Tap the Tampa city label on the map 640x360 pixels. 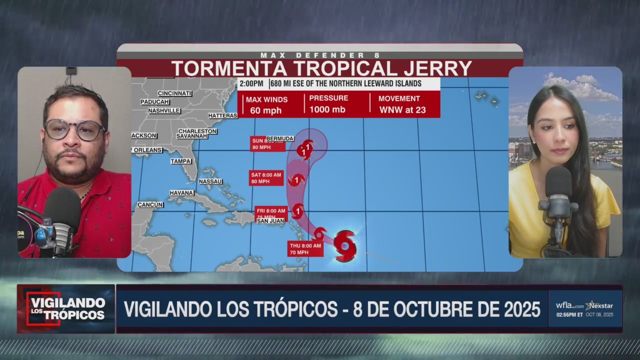coord(180,161)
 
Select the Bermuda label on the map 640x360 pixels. coord(280,138)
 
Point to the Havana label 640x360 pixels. coord(181,193)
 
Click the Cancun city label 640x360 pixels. coord(150,204)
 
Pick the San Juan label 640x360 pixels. coord(270,220)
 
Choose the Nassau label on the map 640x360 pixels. coord(210,181)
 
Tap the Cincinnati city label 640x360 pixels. coord(175,93)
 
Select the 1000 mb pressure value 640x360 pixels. coord(327,110)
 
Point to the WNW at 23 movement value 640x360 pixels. coord(402,110)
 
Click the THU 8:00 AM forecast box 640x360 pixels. coord(305,248)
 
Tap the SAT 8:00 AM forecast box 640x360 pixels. coord(266,178)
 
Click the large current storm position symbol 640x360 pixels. coord(344,245)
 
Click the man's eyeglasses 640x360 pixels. coord(74,130)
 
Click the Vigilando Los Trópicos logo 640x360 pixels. coord(66,308)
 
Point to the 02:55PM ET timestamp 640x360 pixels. coord(569,314)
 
